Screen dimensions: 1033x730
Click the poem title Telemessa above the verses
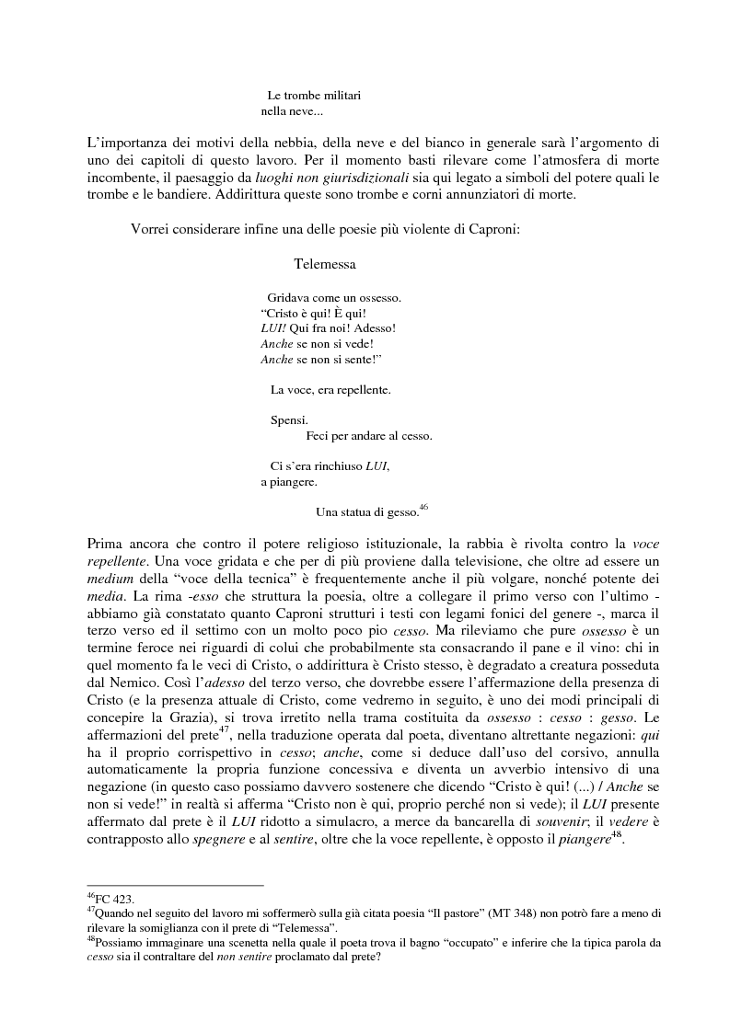pos(325,264)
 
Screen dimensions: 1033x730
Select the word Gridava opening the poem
pos(288,297)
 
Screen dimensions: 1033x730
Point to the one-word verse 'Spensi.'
pos(288,420)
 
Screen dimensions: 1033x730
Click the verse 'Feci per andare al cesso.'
pos(368,435)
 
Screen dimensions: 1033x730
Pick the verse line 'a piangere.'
pos(289,481)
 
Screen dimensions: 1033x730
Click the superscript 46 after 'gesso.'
pos(423,506)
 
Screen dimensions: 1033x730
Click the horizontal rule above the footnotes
pos(175,885)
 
